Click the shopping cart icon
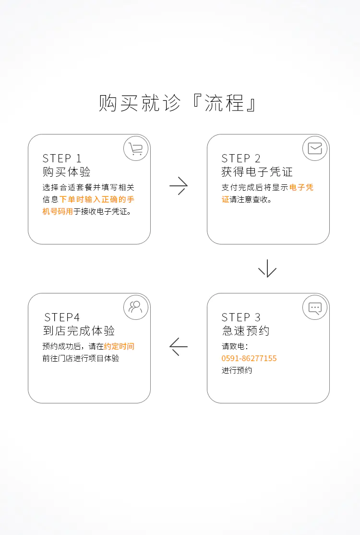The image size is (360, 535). tap(136, 149)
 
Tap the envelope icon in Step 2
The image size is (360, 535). tap(315, 149)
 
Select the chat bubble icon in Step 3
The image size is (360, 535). tap(315, 308)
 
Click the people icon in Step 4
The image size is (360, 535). tap(136, 307)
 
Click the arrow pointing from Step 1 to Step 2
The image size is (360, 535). tap(179, 186)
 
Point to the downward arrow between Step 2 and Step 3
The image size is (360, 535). tap(267, 268)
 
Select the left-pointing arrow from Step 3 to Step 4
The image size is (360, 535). tap(179, 346)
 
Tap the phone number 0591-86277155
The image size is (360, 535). tap(249, 358)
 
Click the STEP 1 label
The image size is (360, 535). tap(62, 158)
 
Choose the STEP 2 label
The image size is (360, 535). tap(241, 158)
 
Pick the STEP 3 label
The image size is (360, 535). tap(241, 317)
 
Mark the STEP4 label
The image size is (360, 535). tap(62, 317)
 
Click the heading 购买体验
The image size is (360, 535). tap(66, 172)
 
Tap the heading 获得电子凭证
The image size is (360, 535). tap(257, 172)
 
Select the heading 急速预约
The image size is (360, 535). tap(245, 331)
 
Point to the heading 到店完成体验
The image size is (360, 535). tap(79, 331)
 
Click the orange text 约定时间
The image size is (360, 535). tap(119, 346)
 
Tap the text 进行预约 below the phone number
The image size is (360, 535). tap(237, 370)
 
